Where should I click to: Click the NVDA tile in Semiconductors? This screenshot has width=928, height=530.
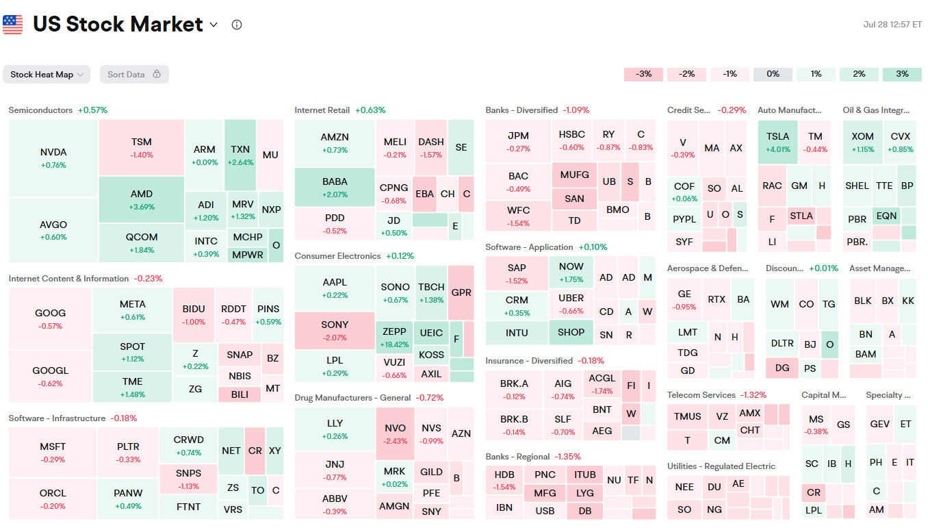click(x=53, y=158)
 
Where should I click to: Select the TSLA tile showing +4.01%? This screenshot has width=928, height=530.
click(x=777, y=142)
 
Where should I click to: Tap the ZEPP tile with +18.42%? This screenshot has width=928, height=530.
click(x=394, y=337)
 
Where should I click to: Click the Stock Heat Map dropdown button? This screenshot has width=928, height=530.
click(x=47, y=75)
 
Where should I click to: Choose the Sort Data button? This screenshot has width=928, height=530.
click(x=134, y=75)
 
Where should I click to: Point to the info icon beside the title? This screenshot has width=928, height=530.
click(x=237, y=25)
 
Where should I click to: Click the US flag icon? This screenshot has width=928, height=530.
click(x=13, y=25)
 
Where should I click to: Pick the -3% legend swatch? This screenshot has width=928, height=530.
click(x=643, y=74)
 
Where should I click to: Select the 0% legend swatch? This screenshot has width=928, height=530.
click(x=773, y=74)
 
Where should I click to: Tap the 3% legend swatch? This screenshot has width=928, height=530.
click(x=902, y=74)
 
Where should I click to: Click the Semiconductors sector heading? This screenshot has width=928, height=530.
click(x=40, y=110)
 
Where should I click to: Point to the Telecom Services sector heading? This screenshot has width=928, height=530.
click(x=701, y=395)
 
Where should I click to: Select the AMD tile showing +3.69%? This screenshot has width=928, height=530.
click(x=142, y=199)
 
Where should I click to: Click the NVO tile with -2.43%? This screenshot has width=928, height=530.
click(x=395, y=433)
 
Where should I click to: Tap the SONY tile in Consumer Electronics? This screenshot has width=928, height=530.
click(x=335, y=330)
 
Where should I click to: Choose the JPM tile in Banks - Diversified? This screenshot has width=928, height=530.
click(x=518, y=142)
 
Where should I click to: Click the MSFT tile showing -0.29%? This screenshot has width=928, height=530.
click(x=53, y=453)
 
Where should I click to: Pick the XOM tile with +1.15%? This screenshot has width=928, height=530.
click(x=862, y=142)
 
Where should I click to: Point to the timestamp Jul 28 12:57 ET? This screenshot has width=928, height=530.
click(x=892, y=25)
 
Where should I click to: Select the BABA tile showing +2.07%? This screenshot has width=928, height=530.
click(x=335, y=187)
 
